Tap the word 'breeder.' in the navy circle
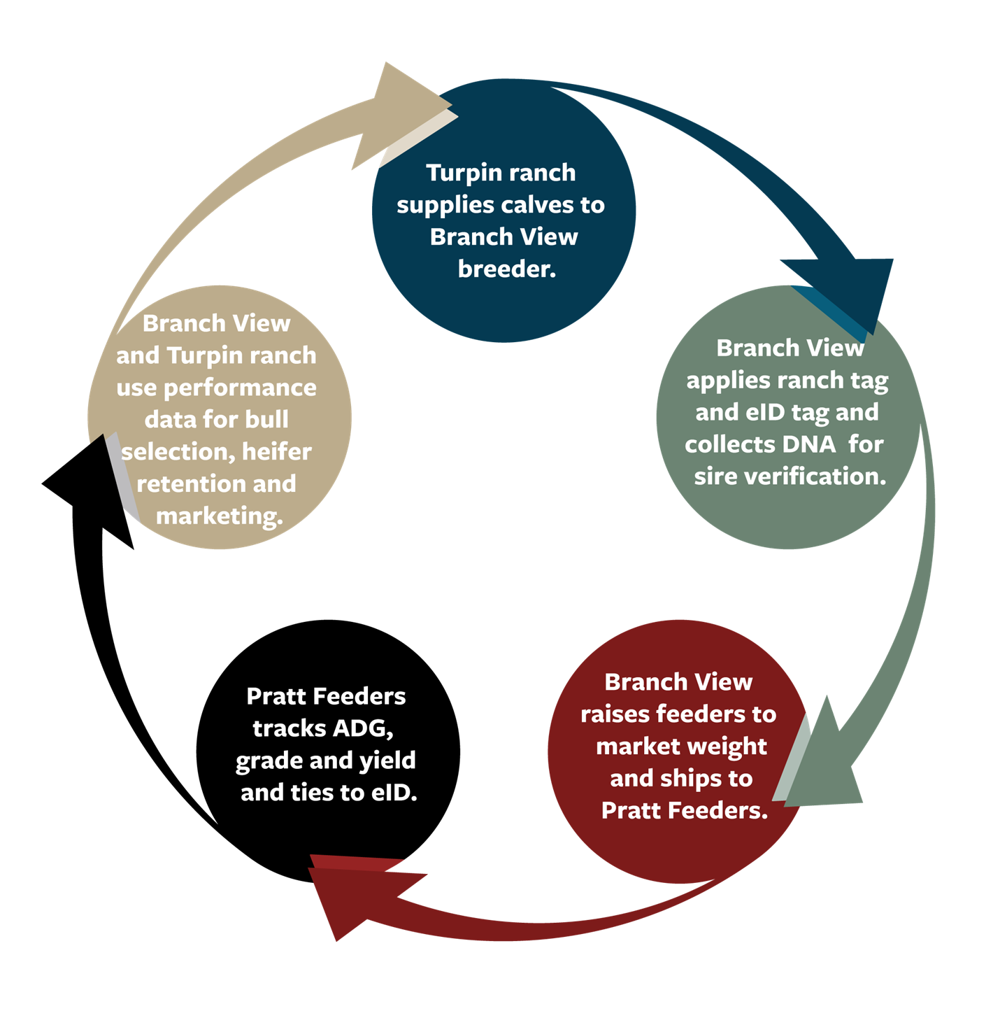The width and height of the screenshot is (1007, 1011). [x=507, y=269]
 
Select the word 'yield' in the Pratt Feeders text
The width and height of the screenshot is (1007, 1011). [x=387, y=761]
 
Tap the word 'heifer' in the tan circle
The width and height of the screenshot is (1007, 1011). [x=276, y=452]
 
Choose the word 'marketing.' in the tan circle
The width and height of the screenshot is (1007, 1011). [x=220, y=516]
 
